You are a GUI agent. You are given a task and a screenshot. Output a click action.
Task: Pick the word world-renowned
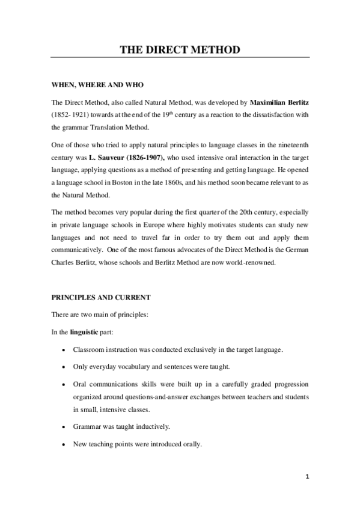coord(250,262)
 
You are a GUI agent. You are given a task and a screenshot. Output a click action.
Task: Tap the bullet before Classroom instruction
coord(64,349)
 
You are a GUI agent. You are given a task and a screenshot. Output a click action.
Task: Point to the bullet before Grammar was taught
coord(64,427)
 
